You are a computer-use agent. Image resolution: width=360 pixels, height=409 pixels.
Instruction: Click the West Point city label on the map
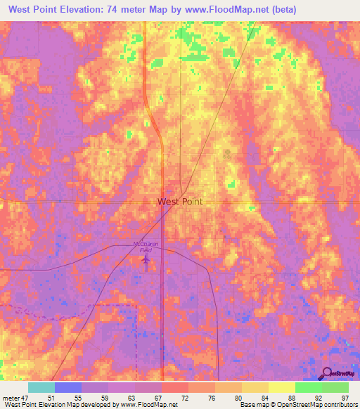click(179, 202)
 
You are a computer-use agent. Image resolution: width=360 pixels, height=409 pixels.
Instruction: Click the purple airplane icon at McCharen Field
click(146, 261)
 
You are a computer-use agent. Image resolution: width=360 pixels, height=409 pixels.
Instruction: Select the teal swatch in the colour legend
click(41, 387)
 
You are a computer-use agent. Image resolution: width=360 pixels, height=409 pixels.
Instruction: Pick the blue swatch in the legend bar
click(68, 387)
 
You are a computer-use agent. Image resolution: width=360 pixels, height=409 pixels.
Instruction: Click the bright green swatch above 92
click(308, 387)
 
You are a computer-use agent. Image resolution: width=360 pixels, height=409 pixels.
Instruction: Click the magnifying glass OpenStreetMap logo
click(326, 374)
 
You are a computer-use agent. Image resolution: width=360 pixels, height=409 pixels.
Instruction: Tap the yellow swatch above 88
click(281, 387)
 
